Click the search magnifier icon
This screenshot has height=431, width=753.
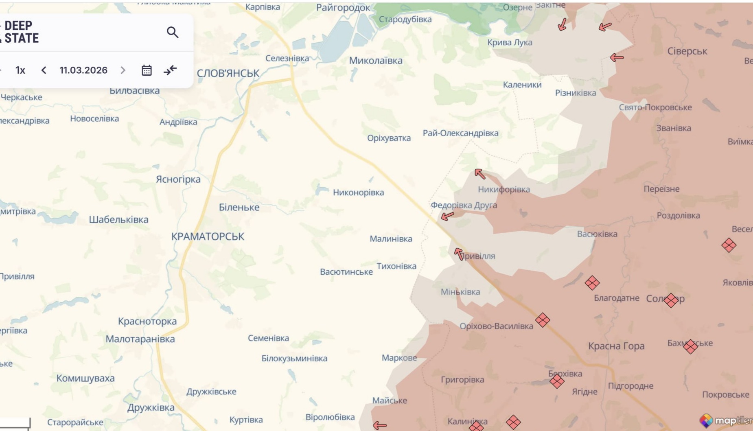point(173,32)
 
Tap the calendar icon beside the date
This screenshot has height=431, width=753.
point(147,70)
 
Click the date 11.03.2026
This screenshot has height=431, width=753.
point(83,70)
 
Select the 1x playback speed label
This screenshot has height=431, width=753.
point(20,70)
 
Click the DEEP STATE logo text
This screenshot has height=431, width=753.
point(21,32)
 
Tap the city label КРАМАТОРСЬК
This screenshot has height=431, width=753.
point(208,236)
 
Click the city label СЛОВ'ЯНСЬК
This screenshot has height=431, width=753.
point(228,73)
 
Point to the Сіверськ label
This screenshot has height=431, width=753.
point(687,51)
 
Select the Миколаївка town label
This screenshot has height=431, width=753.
point(376,61)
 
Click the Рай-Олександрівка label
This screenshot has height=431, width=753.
point(460,133)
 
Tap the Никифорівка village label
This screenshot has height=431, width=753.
point(504,189)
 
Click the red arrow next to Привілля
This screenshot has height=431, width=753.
point(459,254)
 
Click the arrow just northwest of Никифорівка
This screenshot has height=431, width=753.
point(480,174)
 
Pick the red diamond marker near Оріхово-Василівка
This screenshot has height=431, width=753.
point(543,320)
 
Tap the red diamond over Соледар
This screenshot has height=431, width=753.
point(671,300)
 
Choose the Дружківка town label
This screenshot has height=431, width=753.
point(151,407)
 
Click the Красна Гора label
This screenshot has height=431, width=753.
point(616,346)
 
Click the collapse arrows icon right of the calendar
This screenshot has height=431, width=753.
point(170,70)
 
